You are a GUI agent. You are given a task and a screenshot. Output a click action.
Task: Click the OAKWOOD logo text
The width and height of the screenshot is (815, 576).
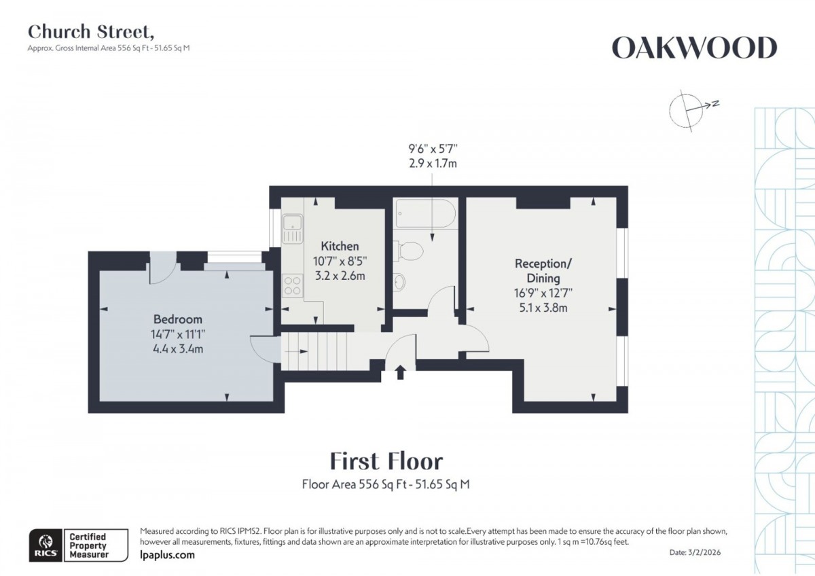tap(693, 48)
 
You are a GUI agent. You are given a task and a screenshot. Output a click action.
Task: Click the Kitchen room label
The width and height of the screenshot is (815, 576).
tap(340, 246)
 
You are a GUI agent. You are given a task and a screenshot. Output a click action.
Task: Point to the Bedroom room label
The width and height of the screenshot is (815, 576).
tap(177, 319)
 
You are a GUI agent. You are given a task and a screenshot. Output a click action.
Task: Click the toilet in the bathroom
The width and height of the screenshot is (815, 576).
tap(412, 251)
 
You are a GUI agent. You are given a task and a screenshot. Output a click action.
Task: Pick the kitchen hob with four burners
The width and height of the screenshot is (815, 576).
tap(293, 285)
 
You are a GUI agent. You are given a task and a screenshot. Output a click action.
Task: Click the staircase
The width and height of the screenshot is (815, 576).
tap(315, 352)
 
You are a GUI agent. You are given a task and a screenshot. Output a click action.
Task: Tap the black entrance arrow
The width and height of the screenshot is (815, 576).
tap(400, 372)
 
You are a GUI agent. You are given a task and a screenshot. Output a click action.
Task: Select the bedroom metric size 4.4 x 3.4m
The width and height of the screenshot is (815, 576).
tap(177, 349)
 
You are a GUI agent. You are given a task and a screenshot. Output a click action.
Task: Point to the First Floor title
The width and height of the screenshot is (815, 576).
tap(386, 461)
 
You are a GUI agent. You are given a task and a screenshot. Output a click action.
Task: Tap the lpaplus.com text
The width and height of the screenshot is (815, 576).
tap(167, 555)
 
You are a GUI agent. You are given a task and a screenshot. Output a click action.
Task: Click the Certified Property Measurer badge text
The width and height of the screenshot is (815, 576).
tap(88, 545)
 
